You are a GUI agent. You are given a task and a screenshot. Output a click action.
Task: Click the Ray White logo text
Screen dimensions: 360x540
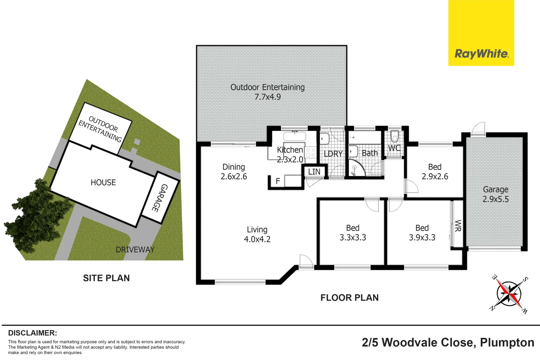481,54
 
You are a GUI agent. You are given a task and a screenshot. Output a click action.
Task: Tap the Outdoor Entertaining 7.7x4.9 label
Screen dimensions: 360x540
267,92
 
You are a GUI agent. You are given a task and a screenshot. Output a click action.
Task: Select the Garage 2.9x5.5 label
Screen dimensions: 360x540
495,194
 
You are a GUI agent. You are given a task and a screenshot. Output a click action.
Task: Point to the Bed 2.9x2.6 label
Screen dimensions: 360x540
435,172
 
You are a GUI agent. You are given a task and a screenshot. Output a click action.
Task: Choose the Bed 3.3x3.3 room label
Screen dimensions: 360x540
353,233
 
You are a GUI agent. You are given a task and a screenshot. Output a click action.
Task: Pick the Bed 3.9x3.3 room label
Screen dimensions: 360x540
422,233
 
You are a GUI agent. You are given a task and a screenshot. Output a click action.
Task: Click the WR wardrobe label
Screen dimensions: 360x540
458,226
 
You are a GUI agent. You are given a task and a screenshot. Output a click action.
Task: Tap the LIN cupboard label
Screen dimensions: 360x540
314,172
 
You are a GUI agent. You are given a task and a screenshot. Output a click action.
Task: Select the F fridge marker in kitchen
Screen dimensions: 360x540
278,181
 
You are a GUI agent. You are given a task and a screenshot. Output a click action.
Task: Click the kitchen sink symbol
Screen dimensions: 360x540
295,136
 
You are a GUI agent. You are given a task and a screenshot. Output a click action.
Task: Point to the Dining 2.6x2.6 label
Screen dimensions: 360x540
234,172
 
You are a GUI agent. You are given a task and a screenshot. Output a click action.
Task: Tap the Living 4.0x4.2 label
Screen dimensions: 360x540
257,234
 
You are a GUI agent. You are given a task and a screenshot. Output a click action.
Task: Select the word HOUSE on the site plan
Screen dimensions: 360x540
103,183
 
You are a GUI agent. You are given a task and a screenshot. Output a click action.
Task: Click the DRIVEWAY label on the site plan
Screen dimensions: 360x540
135,250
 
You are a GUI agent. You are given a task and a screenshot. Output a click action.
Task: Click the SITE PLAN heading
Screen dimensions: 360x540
106,278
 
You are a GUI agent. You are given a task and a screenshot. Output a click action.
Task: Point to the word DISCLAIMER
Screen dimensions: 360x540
32,333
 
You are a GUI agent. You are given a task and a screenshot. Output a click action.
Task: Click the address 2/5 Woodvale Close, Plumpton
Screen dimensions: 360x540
448,343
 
